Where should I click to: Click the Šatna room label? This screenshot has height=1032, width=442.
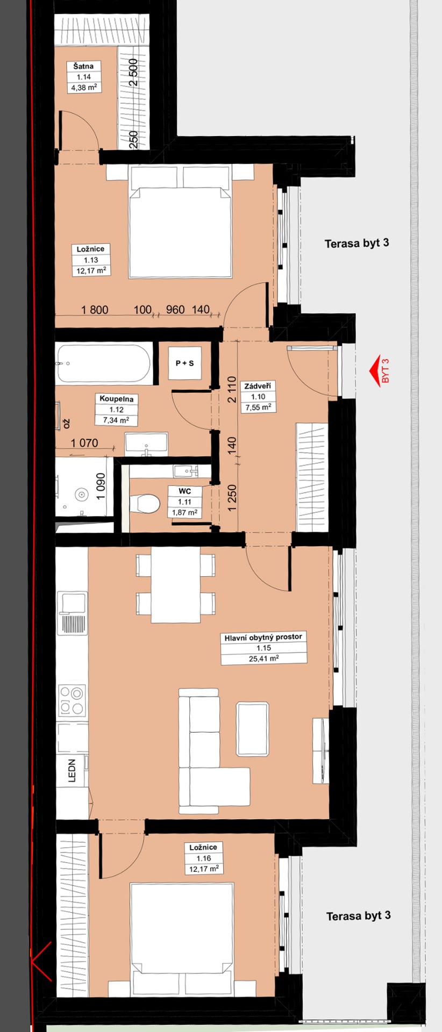point(84,66)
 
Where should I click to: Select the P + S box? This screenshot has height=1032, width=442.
point(184,363)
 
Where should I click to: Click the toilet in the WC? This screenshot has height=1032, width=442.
point(145,504)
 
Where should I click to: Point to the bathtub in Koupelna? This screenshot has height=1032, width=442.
point(103,364)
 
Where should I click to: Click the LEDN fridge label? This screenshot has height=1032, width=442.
point(72,770)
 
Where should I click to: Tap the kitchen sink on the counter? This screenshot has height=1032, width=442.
point(72,613)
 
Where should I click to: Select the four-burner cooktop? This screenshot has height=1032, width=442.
point(72,700)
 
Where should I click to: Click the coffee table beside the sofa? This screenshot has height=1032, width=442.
point(252,728)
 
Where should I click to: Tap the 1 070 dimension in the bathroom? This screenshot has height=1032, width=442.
point(85,443)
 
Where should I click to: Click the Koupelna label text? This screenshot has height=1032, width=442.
point(116,399)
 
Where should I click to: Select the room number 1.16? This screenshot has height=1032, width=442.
point(204,858)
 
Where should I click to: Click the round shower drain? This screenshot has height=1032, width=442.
point(82,493)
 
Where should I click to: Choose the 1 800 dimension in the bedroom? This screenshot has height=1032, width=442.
point(95,310)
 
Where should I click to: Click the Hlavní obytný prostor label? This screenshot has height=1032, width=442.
point(263,637)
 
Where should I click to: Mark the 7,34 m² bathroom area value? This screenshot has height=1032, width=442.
point(116,420)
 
